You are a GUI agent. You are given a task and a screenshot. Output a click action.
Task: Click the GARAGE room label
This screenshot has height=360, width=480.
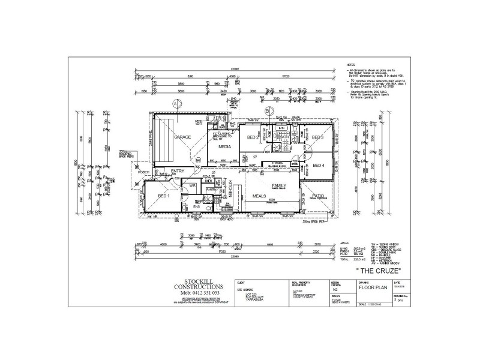(x=182, y=137)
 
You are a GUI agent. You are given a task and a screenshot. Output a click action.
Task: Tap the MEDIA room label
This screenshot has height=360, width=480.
(x=225, y=146)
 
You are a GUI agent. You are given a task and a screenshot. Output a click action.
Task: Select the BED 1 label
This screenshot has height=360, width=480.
(x=164, y=196)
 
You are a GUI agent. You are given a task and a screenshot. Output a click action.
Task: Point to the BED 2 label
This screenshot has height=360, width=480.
(x=253, y=137)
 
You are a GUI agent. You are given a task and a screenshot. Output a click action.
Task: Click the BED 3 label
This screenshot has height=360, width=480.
(x=318, y=137)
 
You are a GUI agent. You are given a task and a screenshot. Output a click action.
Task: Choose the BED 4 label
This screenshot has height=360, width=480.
(x=318, y=165)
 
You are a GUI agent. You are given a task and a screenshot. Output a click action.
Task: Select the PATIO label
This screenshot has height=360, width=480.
(x=317, y=195)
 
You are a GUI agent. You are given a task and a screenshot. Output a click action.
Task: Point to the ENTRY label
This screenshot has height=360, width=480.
(x=178, y=172)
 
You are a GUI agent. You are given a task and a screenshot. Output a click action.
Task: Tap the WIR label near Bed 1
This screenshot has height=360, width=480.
(x=193, y=186)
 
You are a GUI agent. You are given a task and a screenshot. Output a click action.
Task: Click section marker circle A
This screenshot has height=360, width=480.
(x=176, y=103)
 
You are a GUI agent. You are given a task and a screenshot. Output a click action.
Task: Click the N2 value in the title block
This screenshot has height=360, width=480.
(x=335, y=288)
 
